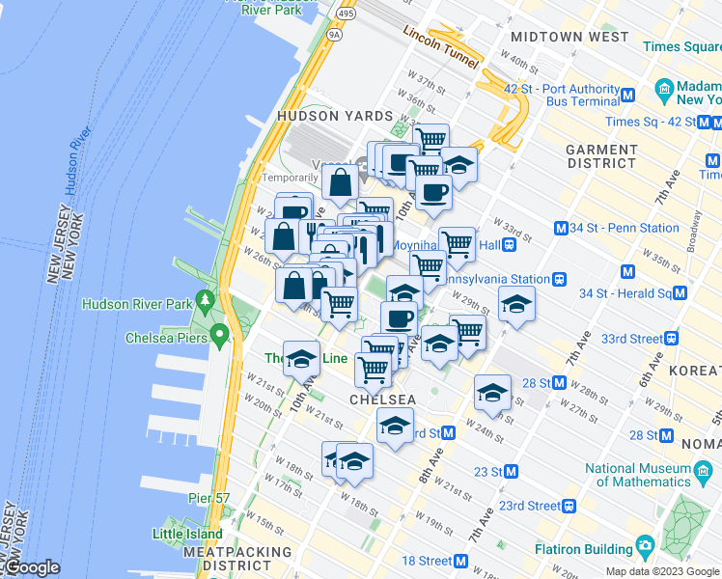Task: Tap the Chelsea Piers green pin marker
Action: click(220, 337)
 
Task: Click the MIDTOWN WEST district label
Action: click(569, 38)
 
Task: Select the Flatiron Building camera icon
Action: click(645, 548)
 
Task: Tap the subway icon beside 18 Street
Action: click(461, 561)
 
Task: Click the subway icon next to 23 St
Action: click(512, 472)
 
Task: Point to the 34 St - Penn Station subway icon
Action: click(560, 229)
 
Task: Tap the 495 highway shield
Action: click(346, 14)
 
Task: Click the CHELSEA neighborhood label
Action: click(383, 400)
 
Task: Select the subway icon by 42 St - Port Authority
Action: click(627, 95)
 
